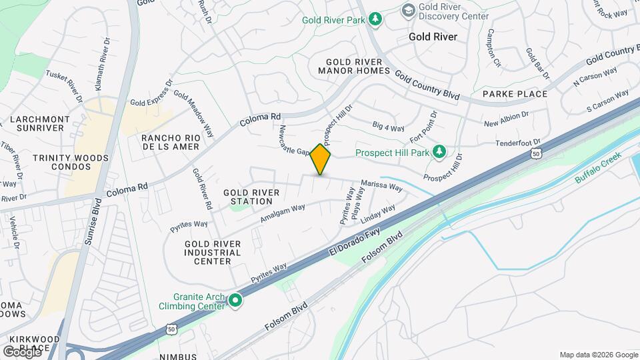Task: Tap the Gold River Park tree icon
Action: pos(376,19)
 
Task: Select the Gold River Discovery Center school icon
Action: pos(408,11)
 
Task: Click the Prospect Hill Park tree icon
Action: pos(439,153)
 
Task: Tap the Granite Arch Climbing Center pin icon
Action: pos(235,301)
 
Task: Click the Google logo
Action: pos(22,351)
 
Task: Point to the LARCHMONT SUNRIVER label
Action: pos(40,124)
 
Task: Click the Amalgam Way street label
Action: pos(283,213)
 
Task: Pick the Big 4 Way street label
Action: pos(389,127)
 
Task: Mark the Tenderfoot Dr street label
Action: pos(517,143)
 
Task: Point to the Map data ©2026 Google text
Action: pos(598,355)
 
